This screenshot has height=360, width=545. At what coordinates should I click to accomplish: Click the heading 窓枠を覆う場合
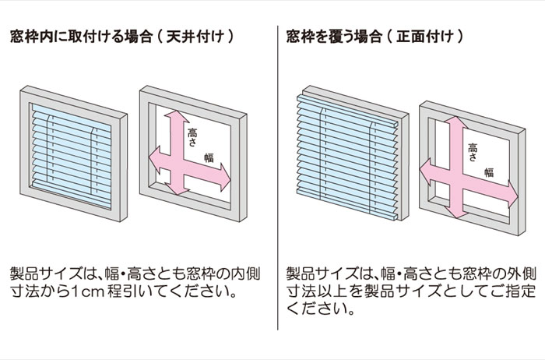[332, 36]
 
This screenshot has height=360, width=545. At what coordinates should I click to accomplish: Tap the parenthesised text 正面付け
[430, 36]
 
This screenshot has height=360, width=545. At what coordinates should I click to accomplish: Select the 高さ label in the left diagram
[192, 139]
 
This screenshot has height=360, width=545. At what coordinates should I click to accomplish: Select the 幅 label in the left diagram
[209, 157]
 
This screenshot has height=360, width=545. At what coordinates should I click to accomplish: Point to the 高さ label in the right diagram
[472, 152]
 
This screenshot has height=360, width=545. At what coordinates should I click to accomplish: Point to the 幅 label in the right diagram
[488, 171]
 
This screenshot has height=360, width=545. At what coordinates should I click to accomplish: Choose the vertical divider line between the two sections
[278, 179]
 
